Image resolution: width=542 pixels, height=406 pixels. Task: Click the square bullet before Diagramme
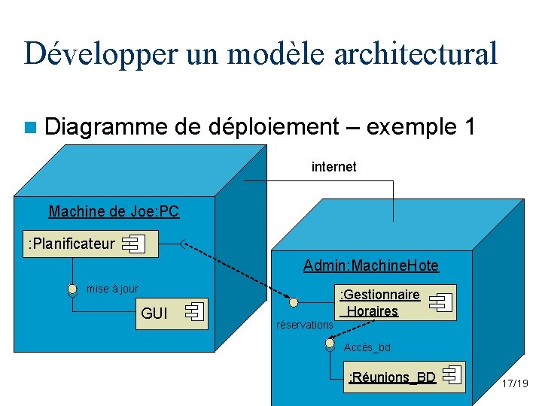(31, 127)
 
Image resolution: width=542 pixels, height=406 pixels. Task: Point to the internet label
(333, 167)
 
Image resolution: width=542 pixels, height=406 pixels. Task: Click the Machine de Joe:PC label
(114, 211)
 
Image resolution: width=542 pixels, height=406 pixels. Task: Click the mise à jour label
(113, 289)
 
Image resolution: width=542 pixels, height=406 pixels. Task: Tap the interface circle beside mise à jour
(72, 290)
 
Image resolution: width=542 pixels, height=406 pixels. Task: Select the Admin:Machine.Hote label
(370, 265)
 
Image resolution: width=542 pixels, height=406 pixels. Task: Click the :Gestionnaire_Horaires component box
(395, 302)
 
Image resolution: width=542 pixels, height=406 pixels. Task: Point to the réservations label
(304, 325)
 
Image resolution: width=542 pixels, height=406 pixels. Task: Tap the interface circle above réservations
(294, 302)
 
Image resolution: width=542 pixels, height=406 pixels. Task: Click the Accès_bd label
(367, 347)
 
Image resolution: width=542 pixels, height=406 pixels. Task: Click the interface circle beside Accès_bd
(330, 344)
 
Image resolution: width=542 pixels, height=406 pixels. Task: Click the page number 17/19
(515, 383)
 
